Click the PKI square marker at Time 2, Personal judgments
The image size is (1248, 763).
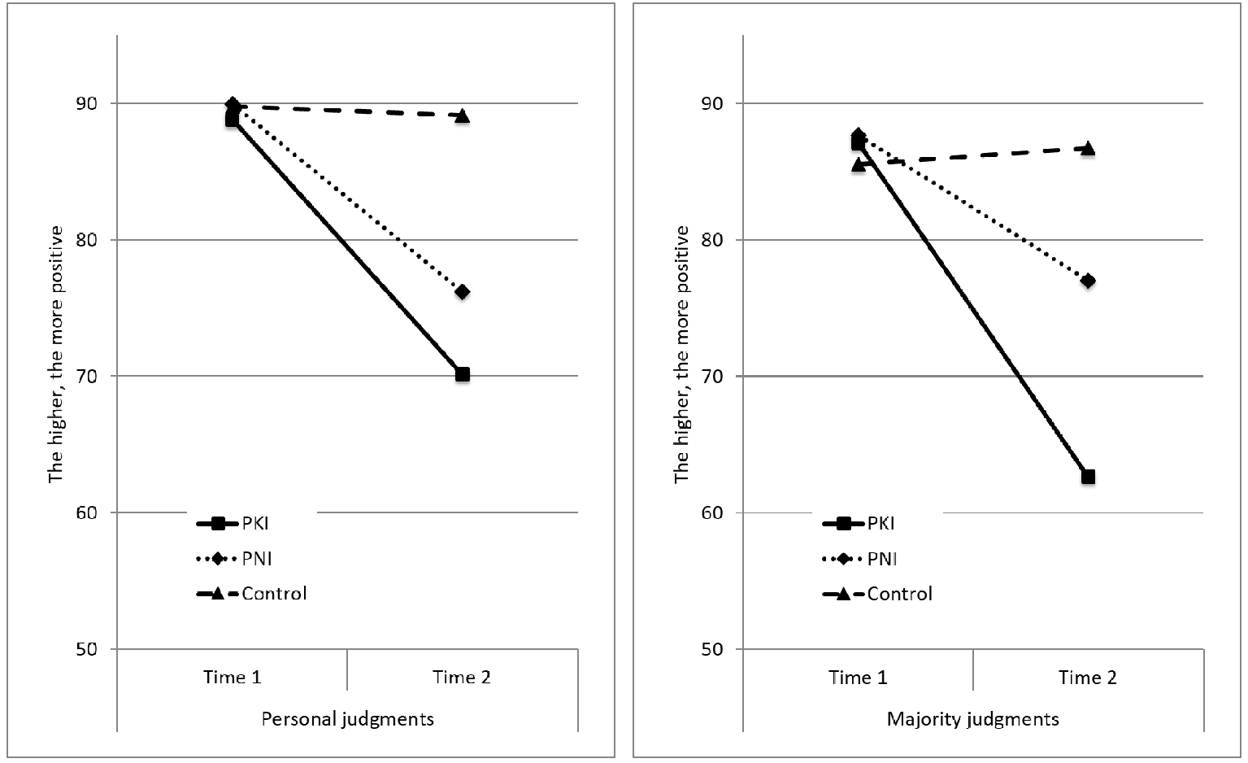point(463,374)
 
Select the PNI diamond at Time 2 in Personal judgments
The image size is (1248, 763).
point(463,291)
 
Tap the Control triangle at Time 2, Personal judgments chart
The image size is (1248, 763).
point(463,116)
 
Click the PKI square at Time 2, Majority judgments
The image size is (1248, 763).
point(1088,477)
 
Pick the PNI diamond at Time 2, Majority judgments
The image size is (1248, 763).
point(1088,281)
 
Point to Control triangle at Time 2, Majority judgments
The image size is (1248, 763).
point(1088,149)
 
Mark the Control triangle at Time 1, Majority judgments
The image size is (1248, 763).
point(859,164)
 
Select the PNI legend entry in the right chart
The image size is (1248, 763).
point(859,559)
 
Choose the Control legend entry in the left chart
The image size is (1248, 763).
point(252,594)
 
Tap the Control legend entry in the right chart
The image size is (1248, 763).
point(877,594)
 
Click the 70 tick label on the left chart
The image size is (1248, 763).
point(86,376)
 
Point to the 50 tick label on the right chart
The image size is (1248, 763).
point(712,649)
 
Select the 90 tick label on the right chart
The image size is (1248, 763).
point(712,103)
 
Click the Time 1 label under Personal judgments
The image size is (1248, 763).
point(233,677)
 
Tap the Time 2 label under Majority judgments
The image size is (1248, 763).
point(1088,677)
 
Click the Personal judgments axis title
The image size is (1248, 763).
point(348,720)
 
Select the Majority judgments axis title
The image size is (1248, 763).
point(972,720)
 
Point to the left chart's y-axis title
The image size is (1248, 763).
point(56,355)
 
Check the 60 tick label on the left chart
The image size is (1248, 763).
point(86,512)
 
